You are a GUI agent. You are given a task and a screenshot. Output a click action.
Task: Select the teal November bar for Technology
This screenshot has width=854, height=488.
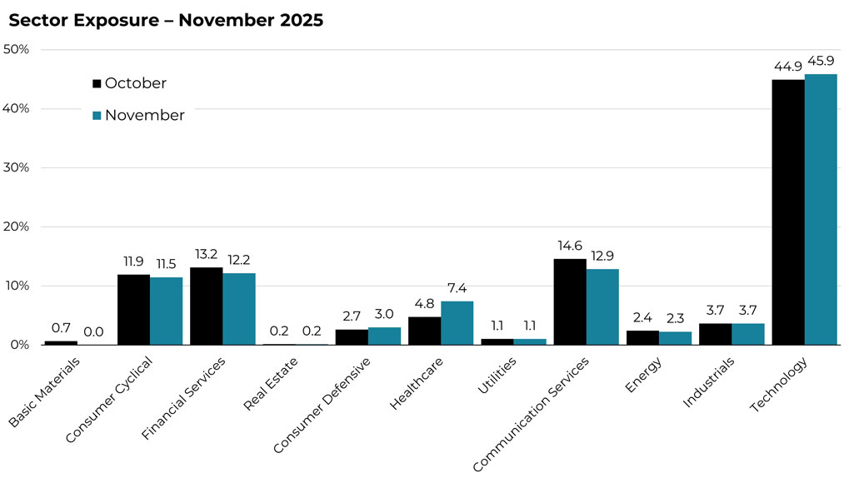point(821,209)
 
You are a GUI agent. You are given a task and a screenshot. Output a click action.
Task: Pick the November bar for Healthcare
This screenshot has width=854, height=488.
point(457,323)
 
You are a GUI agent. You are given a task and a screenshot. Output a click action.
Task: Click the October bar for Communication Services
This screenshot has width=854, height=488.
point(570,301)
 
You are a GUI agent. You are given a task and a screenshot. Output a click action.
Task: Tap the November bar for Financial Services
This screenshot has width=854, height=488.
point(239,309)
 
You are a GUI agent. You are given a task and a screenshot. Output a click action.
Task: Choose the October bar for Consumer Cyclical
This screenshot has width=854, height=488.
point(133,310)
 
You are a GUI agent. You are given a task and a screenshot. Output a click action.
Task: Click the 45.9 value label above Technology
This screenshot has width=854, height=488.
point(822,59)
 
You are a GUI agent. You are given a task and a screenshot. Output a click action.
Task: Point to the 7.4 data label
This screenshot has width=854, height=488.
point(457,287)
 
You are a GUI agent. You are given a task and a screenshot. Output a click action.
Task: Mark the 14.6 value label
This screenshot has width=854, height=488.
point(570,245)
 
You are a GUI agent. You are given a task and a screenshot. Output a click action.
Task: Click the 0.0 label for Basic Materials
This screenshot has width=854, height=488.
point(93,331)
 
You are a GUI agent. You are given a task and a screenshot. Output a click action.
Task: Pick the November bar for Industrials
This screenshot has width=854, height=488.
point(748,334)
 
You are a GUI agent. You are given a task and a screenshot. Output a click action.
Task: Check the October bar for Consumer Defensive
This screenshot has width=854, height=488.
point(352,336)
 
